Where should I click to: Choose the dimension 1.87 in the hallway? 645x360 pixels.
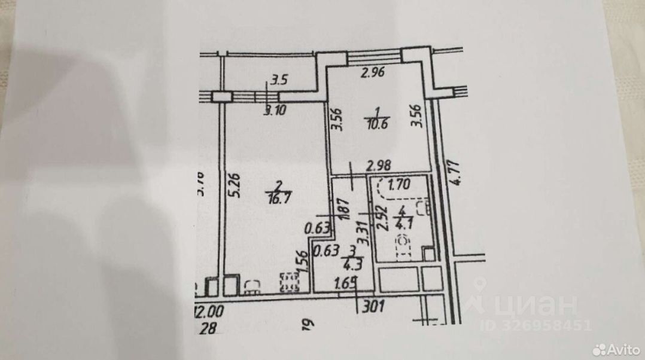pyautogui.click(x=343, y=211)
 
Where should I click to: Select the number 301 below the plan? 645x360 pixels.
pyautogui.click(x=373, y=308)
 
